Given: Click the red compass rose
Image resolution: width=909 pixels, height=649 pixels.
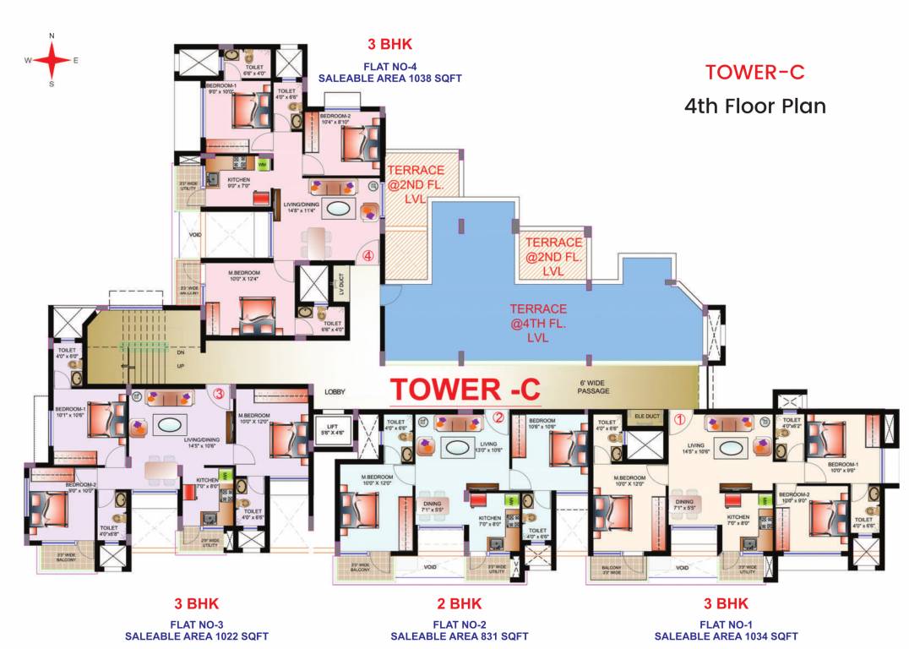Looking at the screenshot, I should [52, 60].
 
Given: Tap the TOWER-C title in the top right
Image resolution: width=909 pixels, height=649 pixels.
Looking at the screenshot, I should [754, 72].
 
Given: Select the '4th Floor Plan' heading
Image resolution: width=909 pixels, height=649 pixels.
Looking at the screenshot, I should [754, 106].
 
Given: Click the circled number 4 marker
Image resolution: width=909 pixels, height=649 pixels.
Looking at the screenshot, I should [367, 254].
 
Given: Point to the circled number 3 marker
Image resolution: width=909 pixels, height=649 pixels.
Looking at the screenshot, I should [218, 393].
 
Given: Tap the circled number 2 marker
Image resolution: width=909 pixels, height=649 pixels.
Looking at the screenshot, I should [498, 417].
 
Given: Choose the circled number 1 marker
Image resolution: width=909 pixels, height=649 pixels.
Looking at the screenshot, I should [678, 417].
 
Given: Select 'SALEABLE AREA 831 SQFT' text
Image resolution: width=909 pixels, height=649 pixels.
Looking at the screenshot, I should [460, 636].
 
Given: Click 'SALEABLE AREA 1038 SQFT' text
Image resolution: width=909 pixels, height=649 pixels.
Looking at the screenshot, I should [389, 78].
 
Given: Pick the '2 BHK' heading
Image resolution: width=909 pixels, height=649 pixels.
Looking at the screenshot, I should [459, 604].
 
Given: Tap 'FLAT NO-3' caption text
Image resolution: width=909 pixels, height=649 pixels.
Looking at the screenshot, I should [197, 624].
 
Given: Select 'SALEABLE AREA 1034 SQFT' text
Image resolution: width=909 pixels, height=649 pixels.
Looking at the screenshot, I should [726, 636].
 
